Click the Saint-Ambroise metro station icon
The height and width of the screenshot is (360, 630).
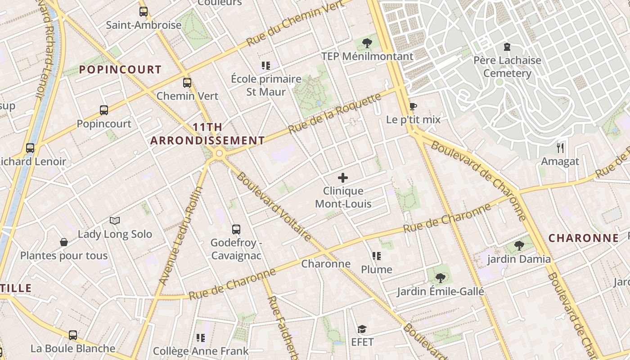(144, 12)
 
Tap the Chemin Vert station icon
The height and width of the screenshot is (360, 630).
(187, 83)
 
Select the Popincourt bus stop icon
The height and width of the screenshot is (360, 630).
(104, 110)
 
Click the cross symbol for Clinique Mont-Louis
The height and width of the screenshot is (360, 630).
(343, 178)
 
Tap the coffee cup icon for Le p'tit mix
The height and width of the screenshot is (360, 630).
(413, 107)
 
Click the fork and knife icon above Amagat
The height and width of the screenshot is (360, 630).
(560, 148)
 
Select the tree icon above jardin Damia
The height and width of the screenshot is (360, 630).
(519, 246)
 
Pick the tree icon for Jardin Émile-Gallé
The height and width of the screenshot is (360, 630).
(440, 278)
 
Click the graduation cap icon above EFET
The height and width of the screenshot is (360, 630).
(362, 329)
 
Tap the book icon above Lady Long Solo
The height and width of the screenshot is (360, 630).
(115, 220)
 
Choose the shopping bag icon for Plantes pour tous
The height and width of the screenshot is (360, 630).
(64, 243)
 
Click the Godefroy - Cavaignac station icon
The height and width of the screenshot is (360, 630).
(236, 229)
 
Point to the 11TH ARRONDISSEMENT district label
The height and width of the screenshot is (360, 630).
(207, 134)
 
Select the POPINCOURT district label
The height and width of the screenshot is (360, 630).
(120, 69)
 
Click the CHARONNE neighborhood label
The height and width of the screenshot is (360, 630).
(584, 238)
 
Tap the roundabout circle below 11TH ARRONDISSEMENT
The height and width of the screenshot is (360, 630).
(219, 154)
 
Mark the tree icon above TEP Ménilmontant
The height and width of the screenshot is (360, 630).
(367, 43)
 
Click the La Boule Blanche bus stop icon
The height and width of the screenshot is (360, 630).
(73, 335)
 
